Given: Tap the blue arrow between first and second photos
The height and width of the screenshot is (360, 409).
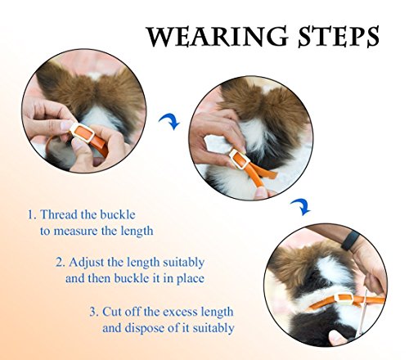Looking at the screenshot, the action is (169, 121).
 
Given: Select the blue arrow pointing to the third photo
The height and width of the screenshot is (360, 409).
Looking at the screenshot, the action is (301, 207).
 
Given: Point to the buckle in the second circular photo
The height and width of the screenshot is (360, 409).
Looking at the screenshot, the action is (240, 160).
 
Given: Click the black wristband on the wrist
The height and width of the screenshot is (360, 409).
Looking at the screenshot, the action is (351, 241).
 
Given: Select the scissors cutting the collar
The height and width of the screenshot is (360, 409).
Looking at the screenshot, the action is (362, 313).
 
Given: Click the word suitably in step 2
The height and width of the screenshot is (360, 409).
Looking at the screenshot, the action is (183, 263).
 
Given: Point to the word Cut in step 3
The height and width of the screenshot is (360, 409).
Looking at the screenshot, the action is (113, 312).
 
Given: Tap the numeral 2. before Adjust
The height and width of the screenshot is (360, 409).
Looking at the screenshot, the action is (61, 263).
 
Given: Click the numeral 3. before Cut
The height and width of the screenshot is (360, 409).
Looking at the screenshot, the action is (94, 312).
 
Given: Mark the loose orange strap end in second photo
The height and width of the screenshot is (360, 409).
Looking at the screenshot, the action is (265, 171).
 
